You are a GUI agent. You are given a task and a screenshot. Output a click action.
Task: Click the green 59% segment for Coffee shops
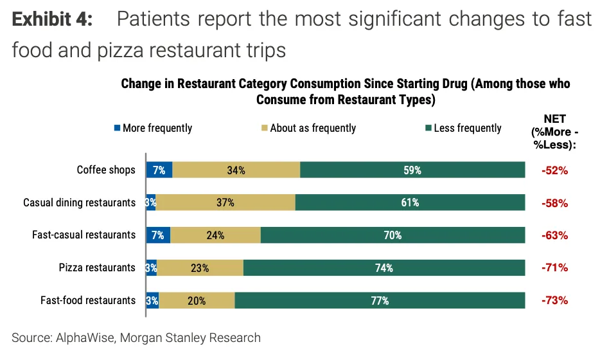(x=412, y=170)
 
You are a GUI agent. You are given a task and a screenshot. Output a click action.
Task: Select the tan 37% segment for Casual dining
(x=225, y=203)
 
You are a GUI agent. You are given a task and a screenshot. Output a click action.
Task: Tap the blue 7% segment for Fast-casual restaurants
(x=158, y=235)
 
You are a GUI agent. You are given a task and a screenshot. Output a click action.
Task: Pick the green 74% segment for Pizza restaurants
(x=384, y=268)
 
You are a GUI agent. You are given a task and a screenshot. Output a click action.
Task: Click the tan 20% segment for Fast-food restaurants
(x=197, y=300)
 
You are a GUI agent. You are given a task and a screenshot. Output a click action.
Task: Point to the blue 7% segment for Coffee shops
(x=159, y=170)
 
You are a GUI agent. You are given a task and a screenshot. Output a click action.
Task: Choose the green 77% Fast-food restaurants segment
(x=380, y=300)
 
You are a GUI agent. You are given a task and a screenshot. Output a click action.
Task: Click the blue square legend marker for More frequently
(x=117, y=128)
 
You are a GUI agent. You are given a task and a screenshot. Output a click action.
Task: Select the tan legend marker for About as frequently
(x=264, y=128)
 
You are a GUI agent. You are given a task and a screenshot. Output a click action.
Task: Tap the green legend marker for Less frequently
(x=428, y=128)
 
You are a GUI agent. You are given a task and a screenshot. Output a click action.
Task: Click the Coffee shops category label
(x=106, y=170)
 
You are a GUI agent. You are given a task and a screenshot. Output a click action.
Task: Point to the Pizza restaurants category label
(x=97, y=267)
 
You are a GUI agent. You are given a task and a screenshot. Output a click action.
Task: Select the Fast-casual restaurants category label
(x=84, y=235)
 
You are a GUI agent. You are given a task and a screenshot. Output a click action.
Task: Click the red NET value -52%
(x=555, y=171)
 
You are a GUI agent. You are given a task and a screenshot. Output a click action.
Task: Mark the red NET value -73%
(x=555, y=300)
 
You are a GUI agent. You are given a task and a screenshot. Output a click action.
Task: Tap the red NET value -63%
(x=555, y=235)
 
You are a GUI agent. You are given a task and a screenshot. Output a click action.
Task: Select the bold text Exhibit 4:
(x=52, y=19)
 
